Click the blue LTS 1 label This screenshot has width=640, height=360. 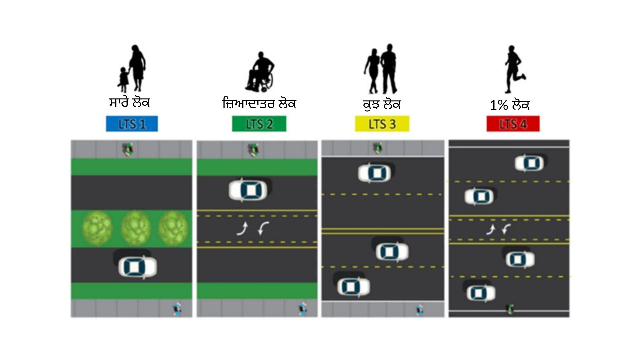132,124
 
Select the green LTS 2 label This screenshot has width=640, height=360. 259,124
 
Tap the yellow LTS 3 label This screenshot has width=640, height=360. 382,124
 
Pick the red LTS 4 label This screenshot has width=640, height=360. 513,124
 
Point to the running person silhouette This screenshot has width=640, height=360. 514,69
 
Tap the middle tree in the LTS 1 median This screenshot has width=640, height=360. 135,228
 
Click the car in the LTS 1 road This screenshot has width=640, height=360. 137,267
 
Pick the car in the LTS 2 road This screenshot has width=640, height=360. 248,190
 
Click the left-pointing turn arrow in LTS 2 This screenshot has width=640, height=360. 264,228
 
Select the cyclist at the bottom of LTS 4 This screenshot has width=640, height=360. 510,309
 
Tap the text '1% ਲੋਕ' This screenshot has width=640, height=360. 509,105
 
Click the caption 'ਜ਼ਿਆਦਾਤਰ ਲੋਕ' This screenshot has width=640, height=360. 259,103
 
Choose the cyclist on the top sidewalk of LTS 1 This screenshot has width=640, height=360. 128,149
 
